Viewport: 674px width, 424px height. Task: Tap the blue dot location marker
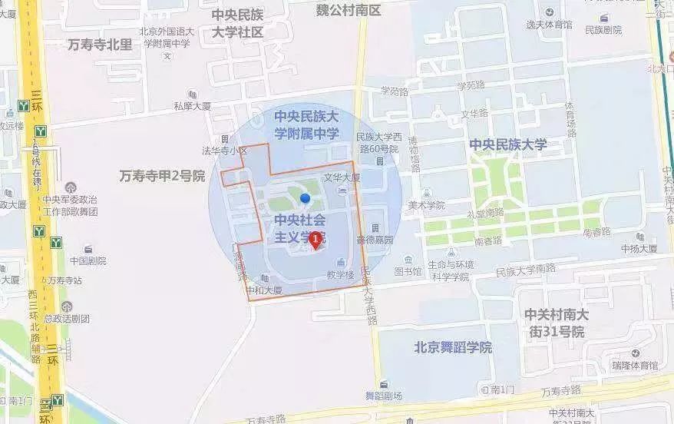pyautogui.click(x=305, y=198)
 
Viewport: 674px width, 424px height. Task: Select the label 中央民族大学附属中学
pyautogui.click(x=307, y=125)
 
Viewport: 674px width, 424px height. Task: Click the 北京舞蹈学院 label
pyautogui.click(x=452, y=347)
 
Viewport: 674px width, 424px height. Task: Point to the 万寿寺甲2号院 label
pyautogui.click(x=162, y=176)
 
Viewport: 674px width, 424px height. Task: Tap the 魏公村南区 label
pyautogui.click(x=349, y=10)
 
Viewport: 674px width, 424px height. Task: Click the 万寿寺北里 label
pyautogui.click(x=100, y=45)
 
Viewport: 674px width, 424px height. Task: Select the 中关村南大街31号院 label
pyautogui.click(x=557, y=323)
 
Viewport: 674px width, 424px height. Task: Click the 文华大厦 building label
pyautogui.click(x=342, y=177)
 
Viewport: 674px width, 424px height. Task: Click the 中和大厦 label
pyautogui.click(x=264, y=291)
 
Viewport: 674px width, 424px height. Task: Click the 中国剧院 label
pyautogui.click(x=88, y=260)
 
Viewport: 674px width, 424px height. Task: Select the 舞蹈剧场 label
pyautogui.click(x=383, y=396)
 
